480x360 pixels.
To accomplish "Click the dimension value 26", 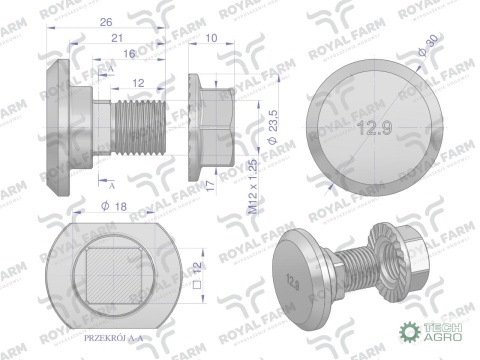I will point(105,19).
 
